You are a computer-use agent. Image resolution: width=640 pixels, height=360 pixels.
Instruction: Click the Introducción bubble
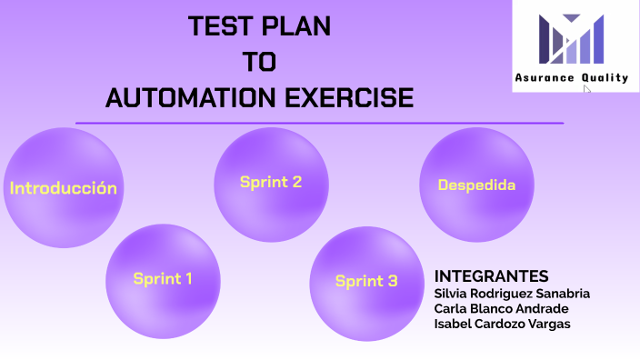pyautogui.click(x=63, y=188)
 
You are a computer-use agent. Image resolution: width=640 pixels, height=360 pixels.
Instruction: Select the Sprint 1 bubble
pyautogui.click(x=163, y=279)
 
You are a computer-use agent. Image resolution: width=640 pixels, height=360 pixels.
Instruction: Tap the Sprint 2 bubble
pyautogui.click(x=271, y=182)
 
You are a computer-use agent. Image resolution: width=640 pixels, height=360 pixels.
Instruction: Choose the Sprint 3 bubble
pyautogui.click(x=366, y=281)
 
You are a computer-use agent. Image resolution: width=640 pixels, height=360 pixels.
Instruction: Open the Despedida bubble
pyautogui.click(x=476, y=185)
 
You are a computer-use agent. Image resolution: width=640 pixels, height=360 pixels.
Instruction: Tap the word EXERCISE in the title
pyautogui.click(x=351, y=97)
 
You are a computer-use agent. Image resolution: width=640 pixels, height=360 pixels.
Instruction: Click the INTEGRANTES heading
pyautogui.click(x=491, y=276)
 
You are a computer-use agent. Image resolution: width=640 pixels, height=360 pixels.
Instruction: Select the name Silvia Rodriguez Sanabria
pyautogui.click(x=512, y=294)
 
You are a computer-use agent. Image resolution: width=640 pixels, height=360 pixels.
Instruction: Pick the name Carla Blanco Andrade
pyautogui.click(x=501, y=309)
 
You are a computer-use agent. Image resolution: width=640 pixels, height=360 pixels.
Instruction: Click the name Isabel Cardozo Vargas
pyautogui.click(x=502, y=325)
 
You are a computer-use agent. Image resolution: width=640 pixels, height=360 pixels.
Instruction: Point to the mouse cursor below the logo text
pyautogui.click(x=587, y=91)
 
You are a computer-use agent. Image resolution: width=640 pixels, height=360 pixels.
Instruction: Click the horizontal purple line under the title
pyautogui.click(x=319, y=123)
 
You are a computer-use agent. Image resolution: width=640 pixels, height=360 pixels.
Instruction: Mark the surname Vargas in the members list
pyautogui.click(x=548, y=325)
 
